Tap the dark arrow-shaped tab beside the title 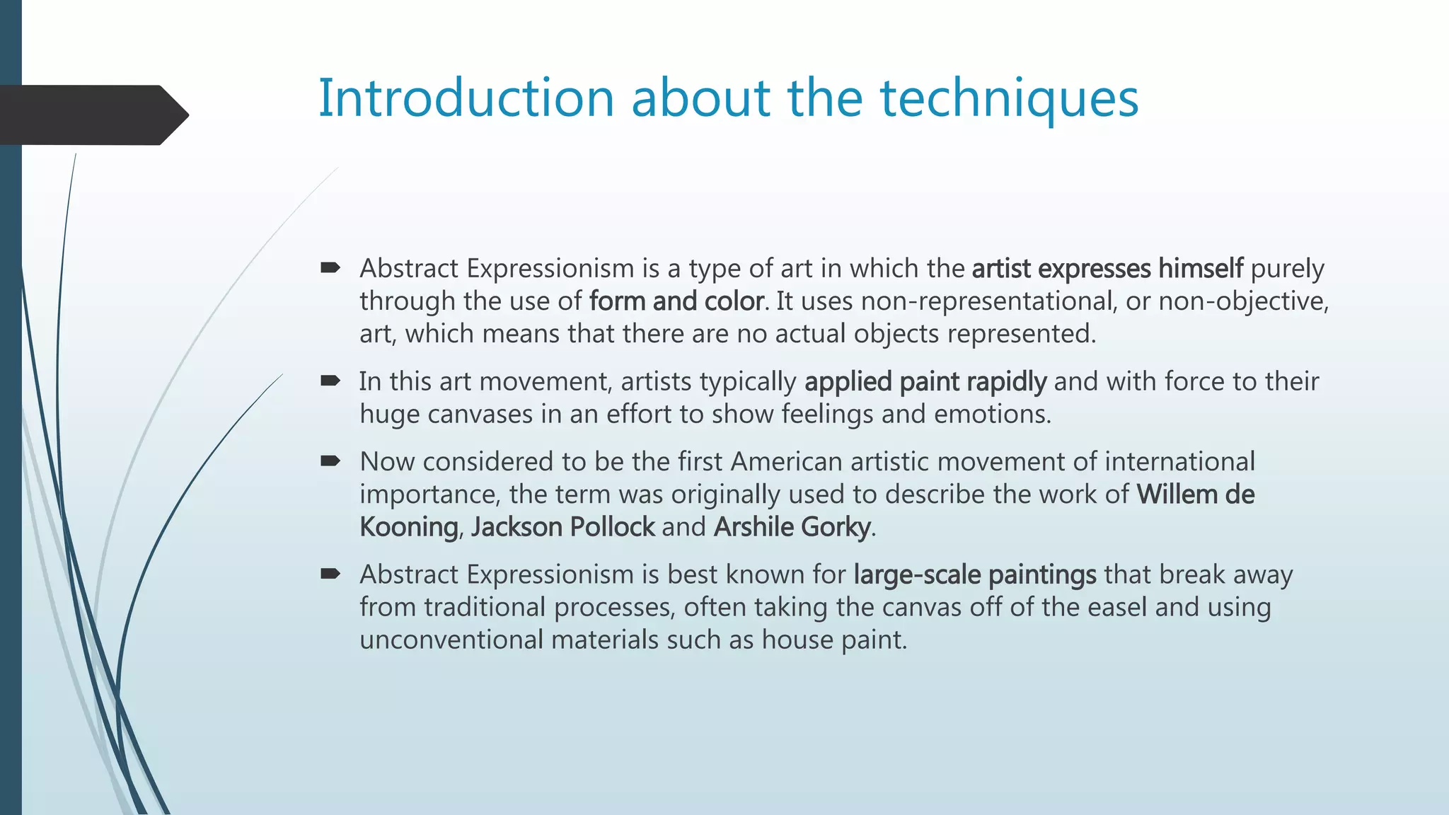pyautogui.click(x=92, y=115)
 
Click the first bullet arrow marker pyautogui.click(x=330, y=267)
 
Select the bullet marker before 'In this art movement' pyautogui.click(x=330, y=381)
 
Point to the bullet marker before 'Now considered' pyautogui.click(x=330, y=461)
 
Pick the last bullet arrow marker pyautogui.click(x=330, y=574)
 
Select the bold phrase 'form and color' pyautogui.click(x=676, y=301)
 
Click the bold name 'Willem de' pyautogui.click(x=1195, y=495)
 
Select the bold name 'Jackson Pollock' pyautogui.click(x=563, y=527)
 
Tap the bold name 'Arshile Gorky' pyautogui.click(x=792, y=527)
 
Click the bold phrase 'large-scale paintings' pyautogui.click(x=975, y=574)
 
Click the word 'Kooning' pyautogui.click(x=408, y=527)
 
